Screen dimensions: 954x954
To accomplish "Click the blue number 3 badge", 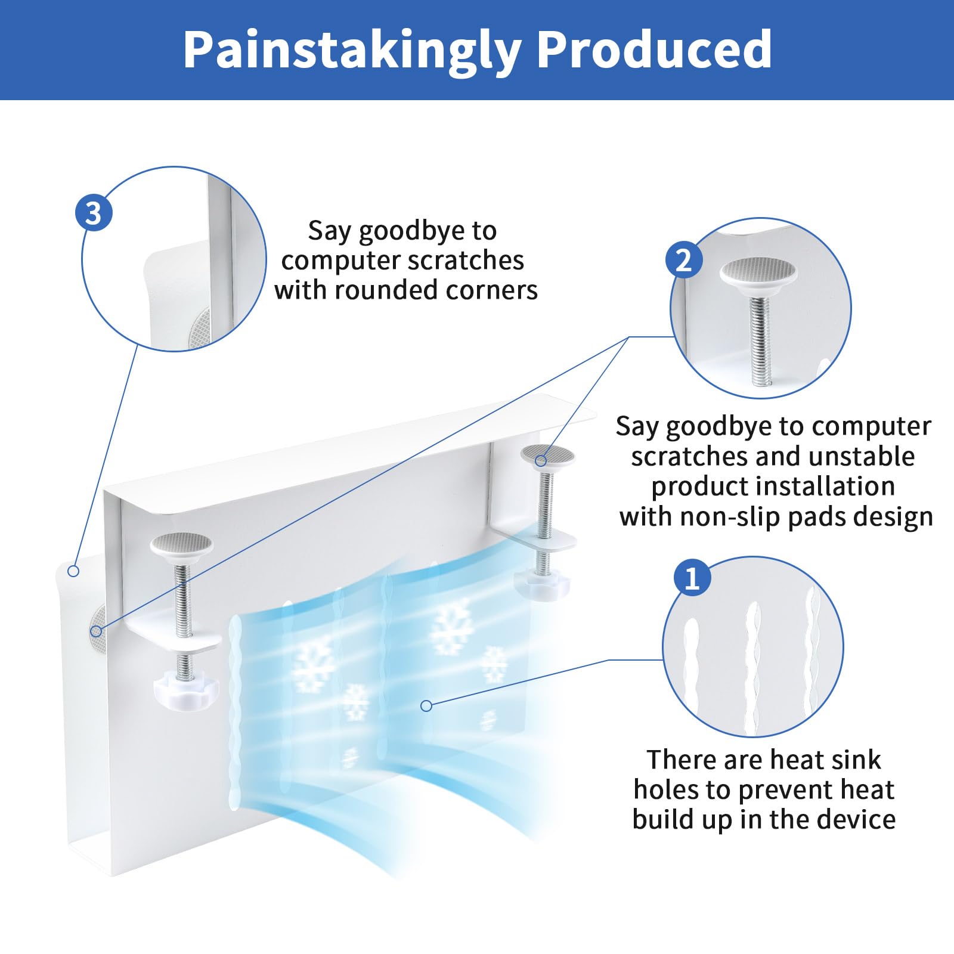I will [94, 213].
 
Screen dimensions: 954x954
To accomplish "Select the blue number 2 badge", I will [683, 260].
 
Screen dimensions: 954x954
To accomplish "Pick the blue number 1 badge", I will [692, 578].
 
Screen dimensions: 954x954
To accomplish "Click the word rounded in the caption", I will [396, 290].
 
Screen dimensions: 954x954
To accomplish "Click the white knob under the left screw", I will [185, 688].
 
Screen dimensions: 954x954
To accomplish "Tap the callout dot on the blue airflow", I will [426, 706].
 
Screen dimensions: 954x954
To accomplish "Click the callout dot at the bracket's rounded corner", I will [73, 571].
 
